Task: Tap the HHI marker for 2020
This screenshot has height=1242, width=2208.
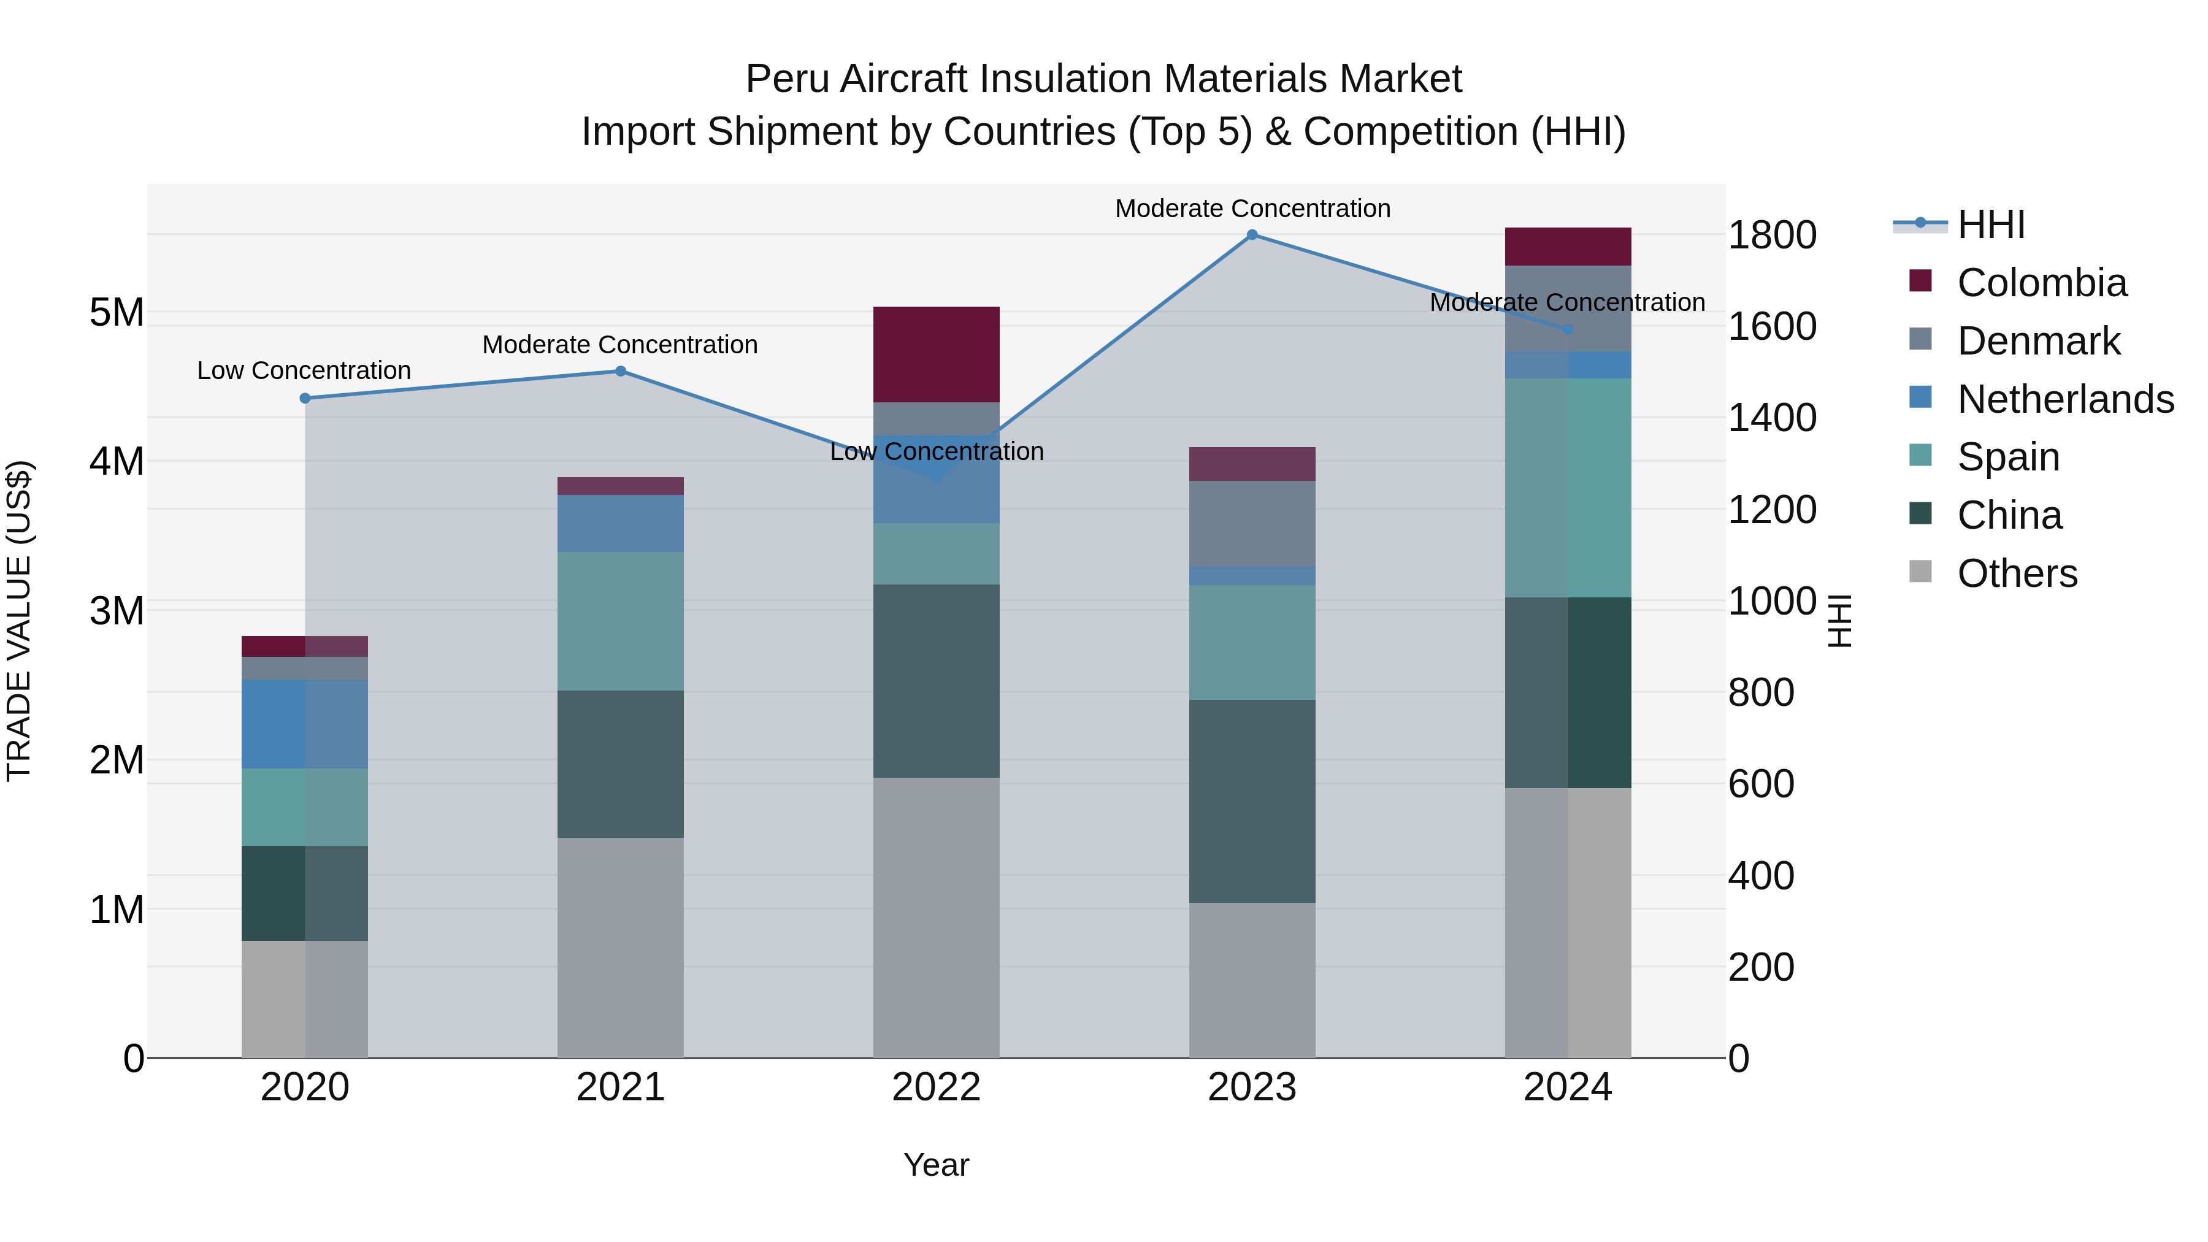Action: [x=305, y=399]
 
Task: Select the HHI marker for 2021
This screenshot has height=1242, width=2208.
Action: [x=621, y=371]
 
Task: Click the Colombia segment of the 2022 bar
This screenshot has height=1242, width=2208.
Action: [x=936, y=354]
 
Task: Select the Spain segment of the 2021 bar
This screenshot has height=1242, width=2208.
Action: [x=621, y=621]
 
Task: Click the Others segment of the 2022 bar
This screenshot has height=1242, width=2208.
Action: [x=936, y=917]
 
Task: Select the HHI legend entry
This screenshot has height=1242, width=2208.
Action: [x=1990, y=224]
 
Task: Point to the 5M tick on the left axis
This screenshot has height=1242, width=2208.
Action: [x=117, y=313]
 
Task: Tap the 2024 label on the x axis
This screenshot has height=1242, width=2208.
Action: [x=1567, y=1087]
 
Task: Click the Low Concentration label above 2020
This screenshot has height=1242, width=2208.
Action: [x=304, y=370]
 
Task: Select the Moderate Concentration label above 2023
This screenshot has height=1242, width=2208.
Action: [x=1252, y=209]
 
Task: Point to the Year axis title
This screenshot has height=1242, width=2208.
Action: [x=936, y=1165]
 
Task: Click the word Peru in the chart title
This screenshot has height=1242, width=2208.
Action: [x=786, y=79]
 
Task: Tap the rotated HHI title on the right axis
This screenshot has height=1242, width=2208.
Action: [x=1839, y=621]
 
